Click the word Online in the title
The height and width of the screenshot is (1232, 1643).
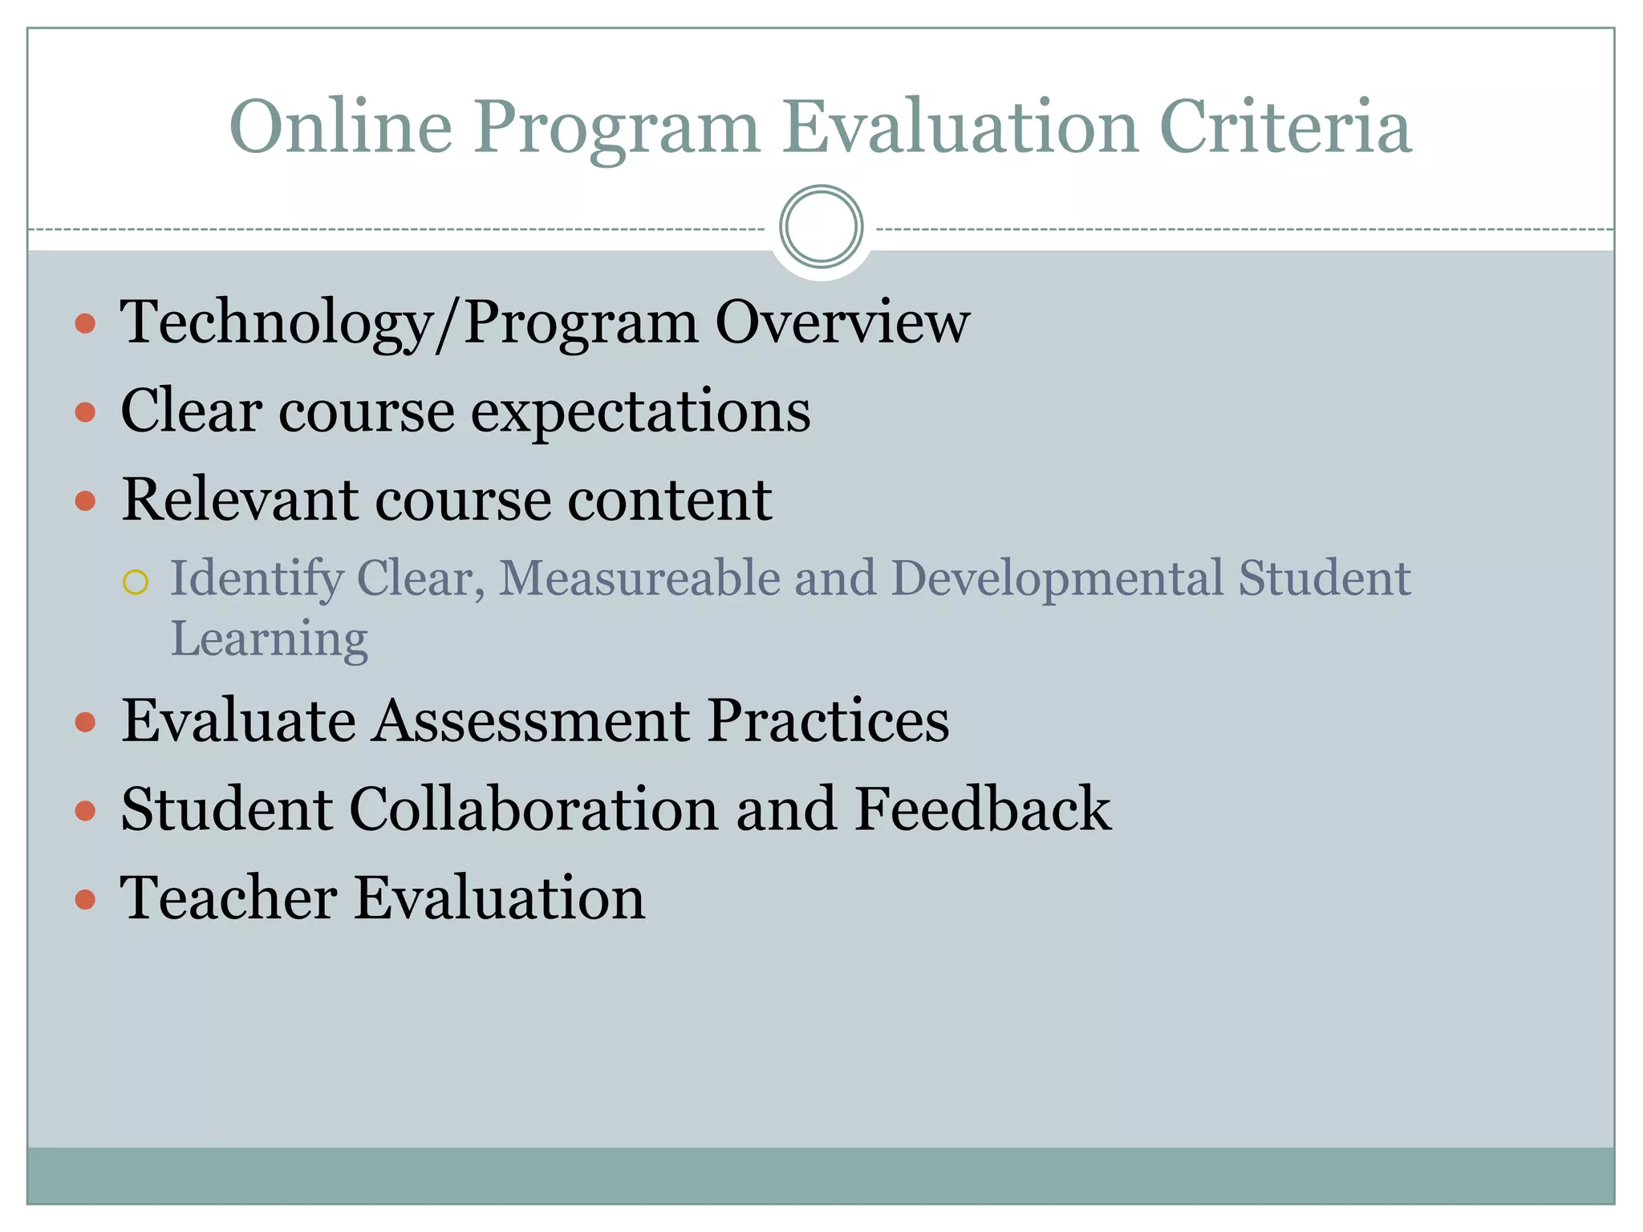coord(341,127)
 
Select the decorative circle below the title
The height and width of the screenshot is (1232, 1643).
coord(821,227)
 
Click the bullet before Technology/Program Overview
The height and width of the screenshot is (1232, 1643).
coord(85,324)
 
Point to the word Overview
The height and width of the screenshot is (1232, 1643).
coord(842,322)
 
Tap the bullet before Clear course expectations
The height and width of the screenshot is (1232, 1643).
coord(85,413)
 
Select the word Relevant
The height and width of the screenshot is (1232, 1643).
coord(239,500)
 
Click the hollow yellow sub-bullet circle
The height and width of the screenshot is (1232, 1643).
coord(136,582)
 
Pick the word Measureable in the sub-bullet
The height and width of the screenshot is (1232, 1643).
coord(639,578)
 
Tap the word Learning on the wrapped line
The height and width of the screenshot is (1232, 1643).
coord(270,640)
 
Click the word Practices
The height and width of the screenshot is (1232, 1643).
coord(828,720)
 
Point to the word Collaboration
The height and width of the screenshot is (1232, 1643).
coord(533,808)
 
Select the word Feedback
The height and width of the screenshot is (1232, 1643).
coord(982,808)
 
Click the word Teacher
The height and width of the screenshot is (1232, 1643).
coord(229,898)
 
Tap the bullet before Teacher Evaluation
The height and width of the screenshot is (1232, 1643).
coord(85,899)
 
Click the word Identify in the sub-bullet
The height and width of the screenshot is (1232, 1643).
coord(257,580)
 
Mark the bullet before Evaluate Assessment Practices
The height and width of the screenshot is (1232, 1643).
coord(85,723)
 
